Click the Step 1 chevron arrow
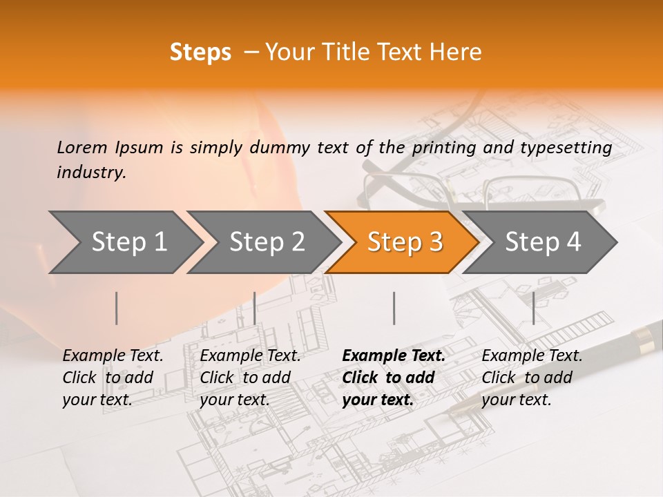point(128,242)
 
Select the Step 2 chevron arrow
point(266,242)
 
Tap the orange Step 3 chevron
point(404,242)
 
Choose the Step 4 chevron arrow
point(542,242)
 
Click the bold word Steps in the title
point(200,52)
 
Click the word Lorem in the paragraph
point(82,148)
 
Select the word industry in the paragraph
point(91,173)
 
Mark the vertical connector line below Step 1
point(117,308)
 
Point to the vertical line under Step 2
point(255,308)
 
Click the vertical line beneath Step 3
point(394,308)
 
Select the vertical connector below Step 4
point(533,308)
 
